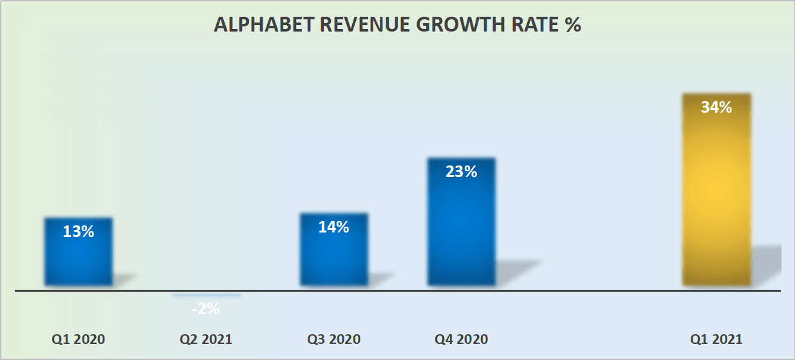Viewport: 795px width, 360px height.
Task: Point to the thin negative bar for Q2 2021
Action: [206, 296]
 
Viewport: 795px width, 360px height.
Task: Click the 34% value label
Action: [716, 108]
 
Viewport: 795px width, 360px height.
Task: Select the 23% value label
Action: [461, 172]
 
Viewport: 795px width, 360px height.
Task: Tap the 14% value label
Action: [333, 227]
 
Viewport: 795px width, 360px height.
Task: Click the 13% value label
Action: [79, 232]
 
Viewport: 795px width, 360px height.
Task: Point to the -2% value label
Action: [206, 309]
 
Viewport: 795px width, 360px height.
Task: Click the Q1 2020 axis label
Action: [79, 339]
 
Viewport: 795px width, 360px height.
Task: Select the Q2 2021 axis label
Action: [206, 339]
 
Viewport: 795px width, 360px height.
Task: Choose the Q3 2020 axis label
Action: [333, 339]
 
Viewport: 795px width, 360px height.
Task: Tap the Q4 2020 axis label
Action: [461, 339]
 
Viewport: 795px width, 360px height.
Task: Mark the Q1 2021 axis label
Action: [716, 339]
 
